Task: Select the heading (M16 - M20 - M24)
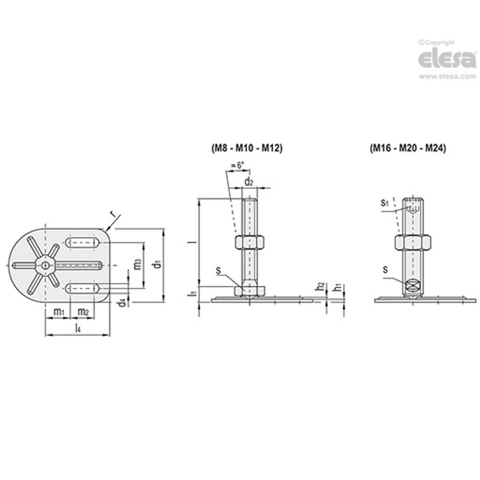pos(408,149)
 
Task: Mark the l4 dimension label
pos(78,328)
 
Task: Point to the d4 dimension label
pos(123,302)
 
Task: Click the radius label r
pos(113,214)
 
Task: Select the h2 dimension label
pos(321,287)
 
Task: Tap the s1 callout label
pos(385,203)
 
